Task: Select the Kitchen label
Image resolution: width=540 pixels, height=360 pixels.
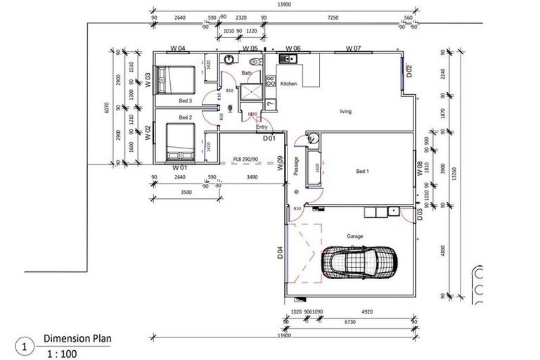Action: click(x=289, y=84)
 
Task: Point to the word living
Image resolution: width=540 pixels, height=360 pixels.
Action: click(x=345, y=112)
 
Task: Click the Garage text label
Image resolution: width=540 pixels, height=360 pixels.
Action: click(x=354, y=236)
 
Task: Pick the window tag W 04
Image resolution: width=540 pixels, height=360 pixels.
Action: click(x=178, y=49)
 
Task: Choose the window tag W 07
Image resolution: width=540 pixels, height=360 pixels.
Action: click(x=353, y=49)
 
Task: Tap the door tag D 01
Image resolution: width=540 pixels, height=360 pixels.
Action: click(x=269, y=138)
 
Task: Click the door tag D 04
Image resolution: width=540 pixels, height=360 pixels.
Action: click(x=280, y=252)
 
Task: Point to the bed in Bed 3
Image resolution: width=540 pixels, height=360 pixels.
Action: click(x=175, y=79)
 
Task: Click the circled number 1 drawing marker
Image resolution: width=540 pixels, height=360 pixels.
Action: click(x=25, y=347)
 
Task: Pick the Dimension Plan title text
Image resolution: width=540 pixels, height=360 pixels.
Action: click(x=77, y=337)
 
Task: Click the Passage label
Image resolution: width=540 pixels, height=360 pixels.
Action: click(x=297, y=166)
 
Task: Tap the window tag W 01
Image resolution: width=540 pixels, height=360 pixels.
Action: click(x=179, y=169)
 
